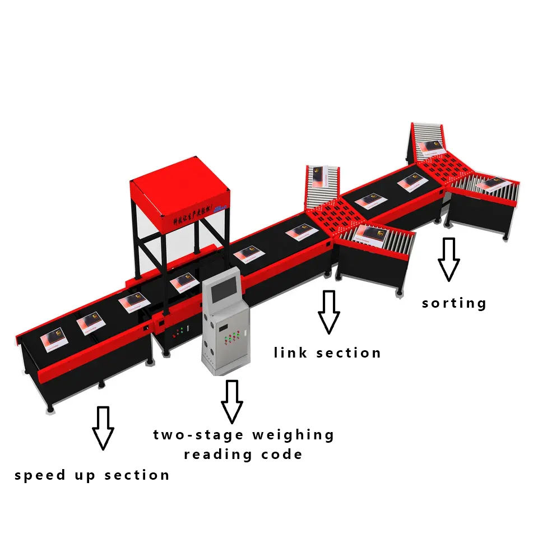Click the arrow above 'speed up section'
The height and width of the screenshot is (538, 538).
(103, 428)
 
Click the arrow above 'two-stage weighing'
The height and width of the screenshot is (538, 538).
(231, 401)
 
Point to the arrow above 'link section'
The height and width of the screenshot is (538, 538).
(328, 312)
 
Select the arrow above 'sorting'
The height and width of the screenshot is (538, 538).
(448, 259)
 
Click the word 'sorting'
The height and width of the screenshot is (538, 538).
(454, 303)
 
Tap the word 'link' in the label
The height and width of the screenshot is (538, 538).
(290, 353)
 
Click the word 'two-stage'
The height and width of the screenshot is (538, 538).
(198, 435)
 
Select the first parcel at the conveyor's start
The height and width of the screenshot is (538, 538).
(55, 339)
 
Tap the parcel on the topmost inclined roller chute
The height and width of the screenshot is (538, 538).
(430, 148)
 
